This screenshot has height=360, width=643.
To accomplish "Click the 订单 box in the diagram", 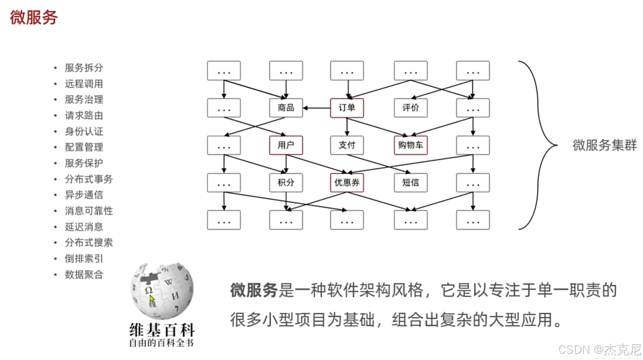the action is click(347, 108).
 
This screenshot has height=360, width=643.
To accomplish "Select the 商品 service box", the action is click(286, 108).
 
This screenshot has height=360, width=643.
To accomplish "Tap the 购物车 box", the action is click(410, 145).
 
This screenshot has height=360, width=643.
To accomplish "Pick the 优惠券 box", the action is click(347, 182).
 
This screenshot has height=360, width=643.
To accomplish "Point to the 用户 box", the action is click(286, 145).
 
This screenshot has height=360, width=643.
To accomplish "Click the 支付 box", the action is click(347, 145).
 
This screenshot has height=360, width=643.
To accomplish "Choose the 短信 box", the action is click(410, 182).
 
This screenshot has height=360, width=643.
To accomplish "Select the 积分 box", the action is click(286, 182).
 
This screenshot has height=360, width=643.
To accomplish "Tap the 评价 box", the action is click(410, 108).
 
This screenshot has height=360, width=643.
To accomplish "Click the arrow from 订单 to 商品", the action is click(317, 108).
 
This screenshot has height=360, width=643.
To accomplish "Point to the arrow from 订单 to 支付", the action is click(347, 127).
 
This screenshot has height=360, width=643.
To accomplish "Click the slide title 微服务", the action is click(34, 18).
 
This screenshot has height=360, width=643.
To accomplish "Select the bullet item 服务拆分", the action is click(84, 68).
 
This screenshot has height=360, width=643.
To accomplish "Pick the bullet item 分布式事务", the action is click(89, 179).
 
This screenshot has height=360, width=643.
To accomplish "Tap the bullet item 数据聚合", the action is click(84, 275).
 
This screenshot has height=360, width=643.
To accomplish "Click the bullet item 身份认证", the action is click(84, 131).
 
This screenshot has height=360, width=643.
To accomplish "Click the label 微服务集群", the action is click(604, 145).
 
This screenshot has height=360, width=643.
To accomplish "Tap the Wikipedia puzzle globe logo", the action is click(162, 290).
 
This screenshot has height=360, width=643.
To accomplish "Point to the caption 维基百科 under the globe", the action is click(162, 330).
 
